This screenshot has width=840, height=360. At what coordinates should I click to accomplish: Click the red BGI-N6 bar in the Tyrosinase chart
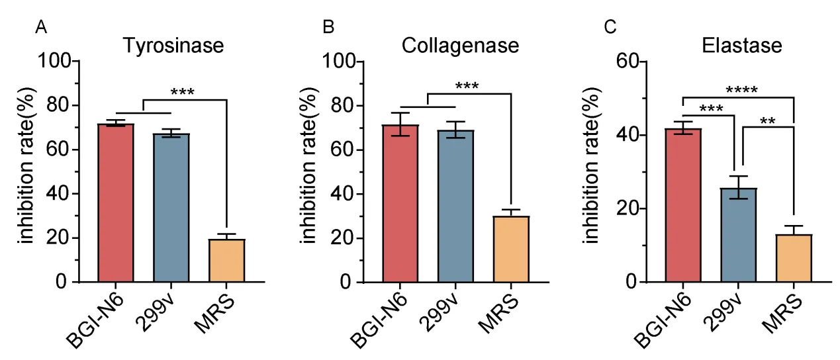(x=116, y=203)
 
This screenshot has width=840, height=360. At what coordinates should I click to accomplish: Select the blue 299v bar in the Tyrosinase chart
(x=171, y=208)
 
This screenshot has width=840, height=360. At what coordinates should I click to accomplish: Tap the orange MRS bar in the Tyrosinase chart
(x=226, y=261)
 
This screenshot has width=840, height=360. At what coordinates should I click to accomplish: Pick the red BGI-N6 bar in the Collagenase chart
(x=400, y=204)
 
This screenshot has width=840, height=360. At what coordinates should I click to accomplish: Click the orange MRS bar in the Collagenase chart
(x=511, y=249)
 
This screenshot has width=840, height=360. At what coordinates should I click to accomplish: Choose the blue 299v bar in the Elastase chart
(x=738, y=235)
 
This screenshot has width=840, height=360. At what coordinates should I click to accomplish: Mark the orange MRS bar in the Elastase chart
(x=794, y=258)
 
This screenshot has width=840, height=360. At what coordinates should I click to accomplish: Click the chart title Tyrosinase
(x=173, y=46)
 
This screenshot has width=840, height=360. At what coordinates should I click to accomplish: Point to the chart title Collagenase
(x=460, y=46)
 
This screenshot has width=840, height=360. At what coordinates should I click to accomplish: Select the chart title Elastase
(x=742, y=46)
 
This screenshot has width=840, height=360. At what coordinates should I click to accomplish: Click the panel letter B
(x=328, y=27)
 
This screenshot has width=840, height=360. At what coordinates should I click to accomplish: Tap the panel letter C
(x=610, y=27)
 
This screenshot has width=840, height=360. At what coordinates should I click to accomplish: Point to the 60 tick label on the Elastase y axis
(x=627, y=61)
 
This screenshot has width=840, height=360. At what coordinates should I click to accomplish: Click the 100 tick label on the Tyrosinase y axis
(x=55, y=61)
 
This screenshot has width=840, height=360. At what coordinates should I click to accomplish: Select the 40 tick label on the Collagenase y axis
(x=343, y=194)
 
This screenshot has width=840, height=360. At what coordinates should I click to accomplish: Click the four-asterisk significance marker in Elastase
(x=742, y=91)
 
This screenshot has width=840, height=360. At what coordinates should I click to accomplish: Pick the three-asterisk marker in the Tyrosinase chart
(x=183, y=92)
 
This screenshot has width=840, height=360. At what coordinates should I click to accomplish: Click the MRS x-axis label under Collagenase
(x=499, y=314)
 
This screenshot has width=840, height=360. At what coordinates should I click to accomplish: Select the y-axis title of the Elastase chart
(x=591, y=165)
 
